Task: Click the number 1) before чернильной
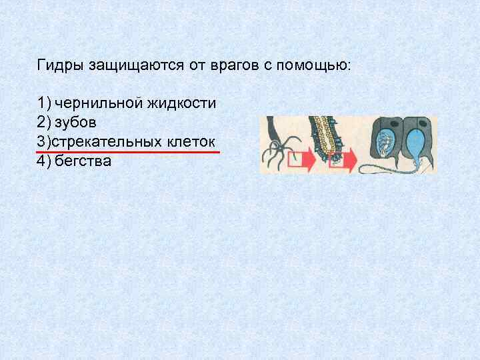[45, 104]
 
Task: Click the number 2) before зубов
[45, 123]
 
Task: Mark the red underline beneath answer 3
[127, 153]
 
